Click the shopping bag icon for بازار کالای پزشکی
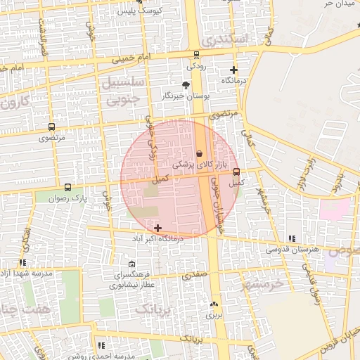point(199,153)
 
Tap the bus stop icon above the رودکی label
point(196,55)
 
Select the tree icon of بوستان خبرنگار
point(186,84)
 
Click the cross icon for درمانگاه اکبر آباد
point(157,228)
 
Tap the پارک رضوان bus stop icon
point(67,188)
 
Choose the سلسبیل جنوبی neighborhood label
point(124,91)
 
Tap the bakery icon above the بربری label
point(214,304)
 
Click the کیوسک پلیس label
point(141,11)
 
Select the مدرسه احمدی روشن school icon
point(102,345)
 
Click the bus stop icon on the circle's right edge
point(236,171)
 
